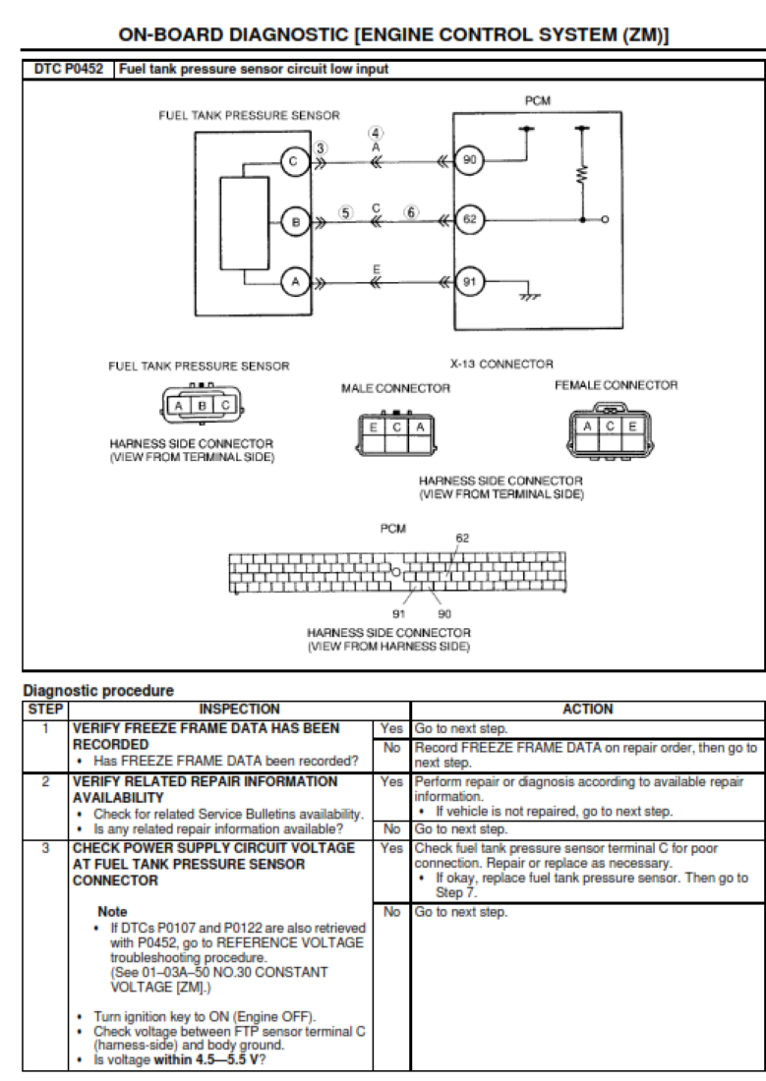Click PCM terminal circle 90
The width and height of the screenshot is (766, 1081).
469,160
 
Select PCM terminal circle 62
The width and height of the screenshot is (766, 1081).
469,220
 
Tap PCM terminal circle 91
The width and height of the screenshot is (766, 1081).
469,282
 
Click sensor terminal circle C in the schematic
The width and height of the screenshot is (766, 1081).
296,160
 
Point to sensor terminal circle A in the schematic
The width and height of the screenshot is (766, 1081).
296,282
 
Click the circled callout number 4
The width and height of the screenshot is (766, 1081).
377,133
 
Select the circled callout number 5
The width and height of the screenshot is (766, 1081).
345,212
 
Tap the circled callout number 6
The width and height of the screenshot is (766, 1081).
411,212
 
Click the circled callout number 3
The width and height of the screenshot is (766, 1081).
322,148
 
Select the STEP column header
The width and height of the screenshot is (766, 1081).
44,708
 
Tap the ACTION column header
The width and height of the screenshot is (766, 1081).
587,708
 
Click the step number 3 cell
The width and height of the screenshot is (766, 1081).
44,846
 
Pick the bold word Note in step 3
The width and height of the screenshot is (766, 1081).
113,912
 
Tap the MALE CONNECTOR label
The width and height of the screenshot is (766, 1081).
395,388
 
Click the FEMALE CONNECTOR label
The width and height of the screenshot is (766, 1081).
616,385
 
